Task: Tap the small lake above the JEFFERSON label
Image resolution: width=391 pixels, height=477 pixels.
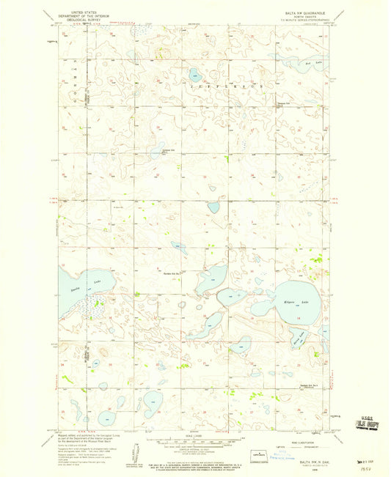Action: pos(194,74)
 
